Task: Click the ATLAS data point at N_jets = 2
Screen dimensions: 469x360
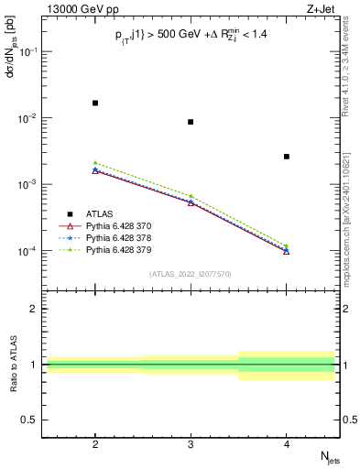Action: [95, 104]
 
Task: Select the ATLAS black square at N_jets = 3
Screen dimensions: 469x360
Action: [191, 122]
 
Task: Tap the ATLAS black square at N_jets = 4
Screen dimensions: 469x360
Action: [287, 157]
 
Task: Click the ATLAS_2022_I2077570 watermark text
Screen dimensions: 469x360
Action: [191, 274]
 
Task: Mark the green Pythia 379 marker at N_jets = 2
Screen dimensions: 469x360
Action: [95, 163]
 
